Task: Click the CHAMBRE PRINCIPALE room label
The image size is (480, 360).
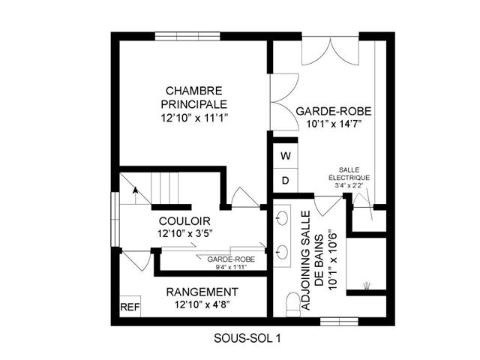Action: coord(194,97)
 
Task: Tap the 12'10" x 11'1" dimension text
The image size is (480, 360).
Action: coord(195,118)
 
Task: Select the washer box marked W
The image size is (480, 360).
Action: coord(285,156)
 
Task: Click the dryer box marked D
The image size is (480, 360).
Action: coord(285,181)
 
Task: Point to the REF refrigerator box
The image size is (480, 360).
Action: coord(130,307)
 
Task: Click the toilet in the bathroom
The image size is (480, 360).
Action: coord(293,305)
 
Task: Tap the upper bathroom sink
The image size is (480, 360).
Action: coord(282,218)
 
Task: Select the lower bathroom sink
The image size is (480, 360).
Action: coord(282,252)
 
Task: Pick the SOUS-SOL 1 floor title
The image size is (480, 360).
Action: coord(247,338)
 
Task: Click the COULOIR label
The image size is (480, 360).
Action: coord(184,221)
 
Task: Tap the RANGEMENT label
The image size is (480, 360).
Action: coord(202,292)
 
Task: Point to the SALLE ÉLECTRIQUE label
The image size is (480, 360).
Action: coord(349,173)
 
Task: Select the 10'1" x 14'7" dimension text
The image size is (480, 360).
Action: coord(334,124)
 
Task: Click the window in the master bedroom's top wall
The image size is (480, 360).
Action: coord(187,36)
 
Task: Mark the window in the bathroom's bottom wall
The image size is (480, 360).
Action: coord(339,322)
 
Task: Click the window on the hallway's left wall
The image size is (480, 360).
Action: coord(115,219)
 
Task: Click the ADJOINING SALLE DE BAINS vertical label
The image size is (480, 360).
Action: coord(319,260)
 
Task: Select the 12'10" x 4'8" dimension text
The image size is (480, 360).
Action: coord(202,305)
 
